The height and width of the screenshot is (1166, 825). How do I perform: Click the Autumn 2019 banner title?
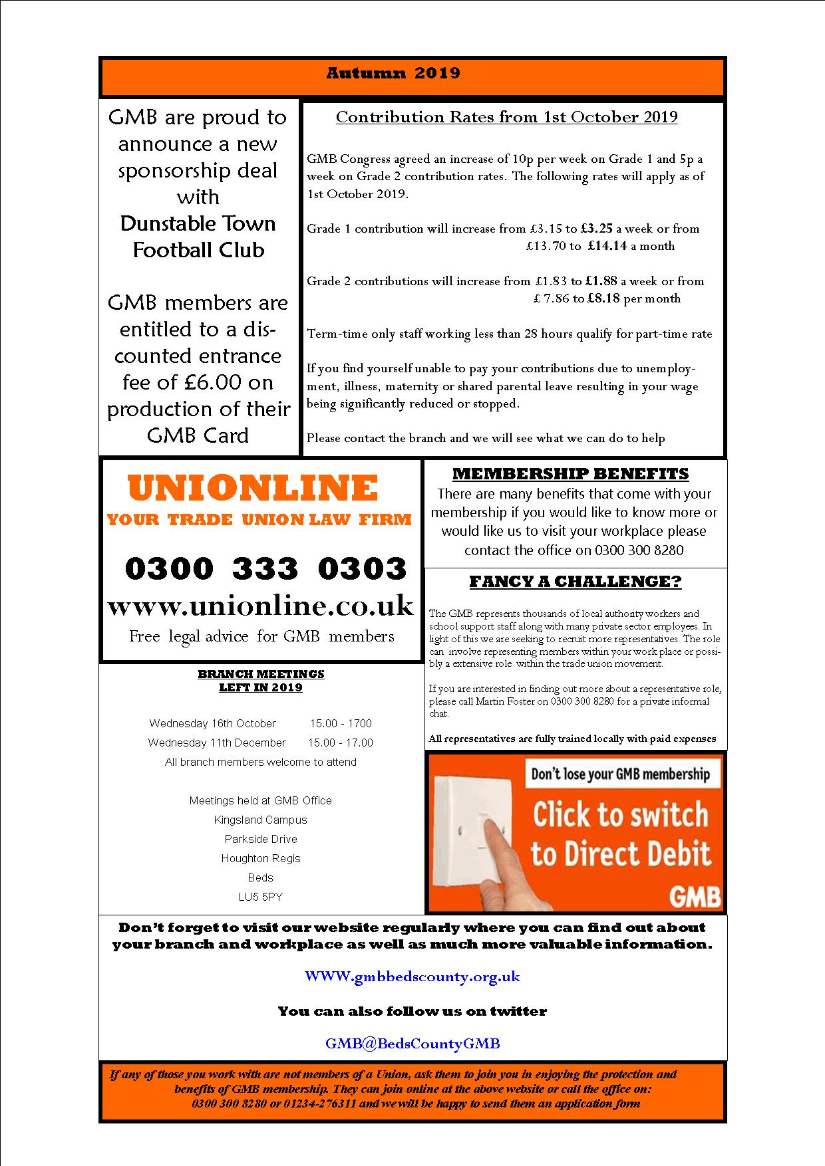pos(393,72)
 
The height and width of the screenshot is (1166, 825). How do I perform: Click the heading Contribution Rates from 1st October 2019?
pos(506,117)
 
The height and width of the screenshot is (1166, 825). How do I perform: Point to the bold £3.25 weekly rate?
pos(596,229)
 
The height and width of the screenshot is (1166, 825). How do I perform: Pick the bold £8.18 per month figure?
pos(603,298)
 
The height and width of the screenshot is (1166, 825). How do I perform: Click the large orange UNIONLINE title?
pos(253,488)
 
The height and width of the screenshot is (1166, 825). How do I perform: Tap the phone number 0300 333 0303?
pos(265,568)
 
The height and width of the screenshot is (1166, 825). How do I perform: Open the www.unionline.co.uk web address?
pos(260,606)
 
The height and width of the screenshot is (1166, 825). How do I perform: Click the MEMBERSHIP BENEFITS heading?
pos(570,474)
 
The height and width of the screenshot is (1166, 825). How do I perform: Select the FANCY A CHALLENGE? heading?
pos(576,582)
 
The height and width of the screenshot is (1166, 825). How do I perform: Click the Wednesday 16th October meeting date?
pos(212,723)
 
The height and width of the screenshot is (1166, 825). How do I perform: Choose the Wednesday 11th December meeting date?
pos(217,743)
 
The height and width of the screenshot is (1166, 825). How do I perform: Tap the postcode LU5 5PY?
pos(260,897)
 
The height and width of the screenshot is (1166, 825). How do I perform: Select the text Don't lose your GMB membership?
pos(620,774)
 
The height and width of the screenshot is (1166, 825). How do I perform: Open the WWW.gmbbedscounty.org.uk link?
pos(412,977)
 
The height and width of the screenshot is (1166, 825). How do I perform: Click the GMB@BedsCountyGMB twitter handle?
pos(412,1044)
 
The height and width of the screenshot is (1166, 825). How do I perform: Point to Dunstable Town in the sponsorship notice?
pos(198,223)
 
